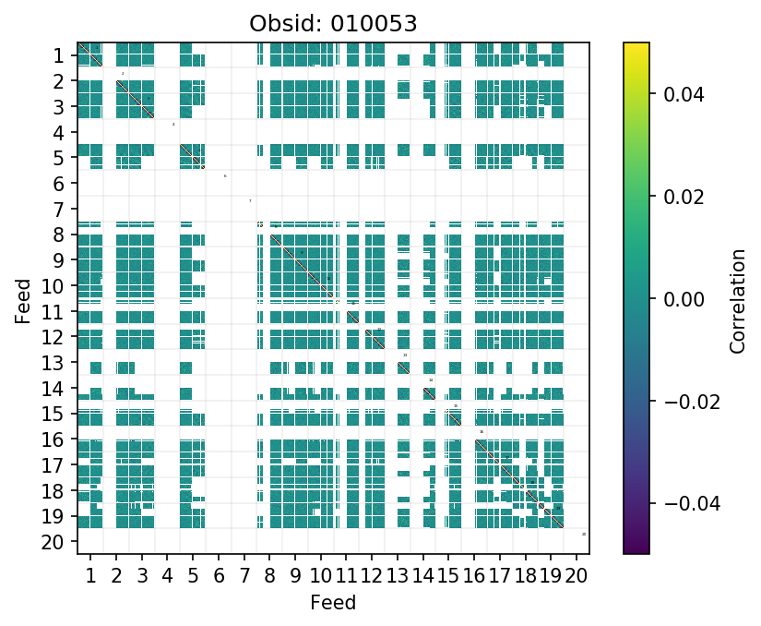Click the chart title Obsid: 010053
[x=333, y=24]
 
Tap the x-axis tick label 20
[x=577, y=577]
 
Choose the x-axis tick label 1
[x=90, y=577]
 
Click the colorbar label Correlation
[x=737, y=299]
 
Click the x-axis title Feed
[x=333, y=603]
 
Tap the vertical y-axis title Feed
[x=22, y=299]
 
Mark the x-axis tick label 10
[x=321, y=577]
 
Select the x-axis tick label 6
[x=219, y=577]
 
